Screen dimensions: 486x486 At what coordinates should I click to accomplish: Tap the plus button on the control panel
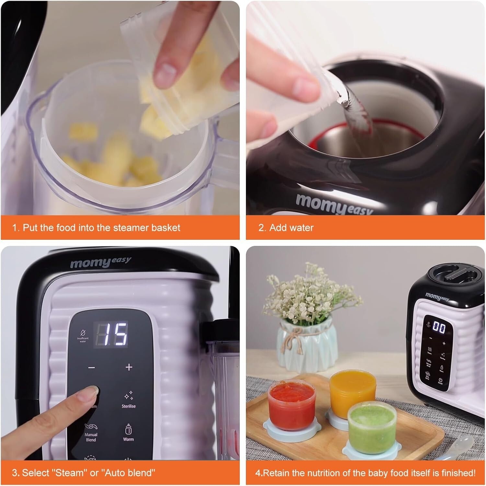[129, 367]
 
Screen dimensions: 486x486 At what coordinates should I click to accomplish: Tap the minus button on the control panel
[92, 367]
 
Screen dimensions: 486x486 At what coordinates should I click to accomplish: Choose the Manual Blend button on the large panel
[91, 433]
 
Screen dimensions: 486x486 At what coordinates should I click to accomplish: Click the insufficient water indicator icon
[83, 335]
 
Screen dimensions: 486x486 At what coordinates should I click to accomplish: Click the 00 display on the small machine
[439, 327]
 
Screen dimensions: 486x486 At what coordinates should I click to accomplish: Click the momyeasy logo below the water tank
[334, 203]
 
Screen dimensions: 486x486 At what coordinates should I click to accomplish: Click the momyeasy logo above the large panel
[100, 262]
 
